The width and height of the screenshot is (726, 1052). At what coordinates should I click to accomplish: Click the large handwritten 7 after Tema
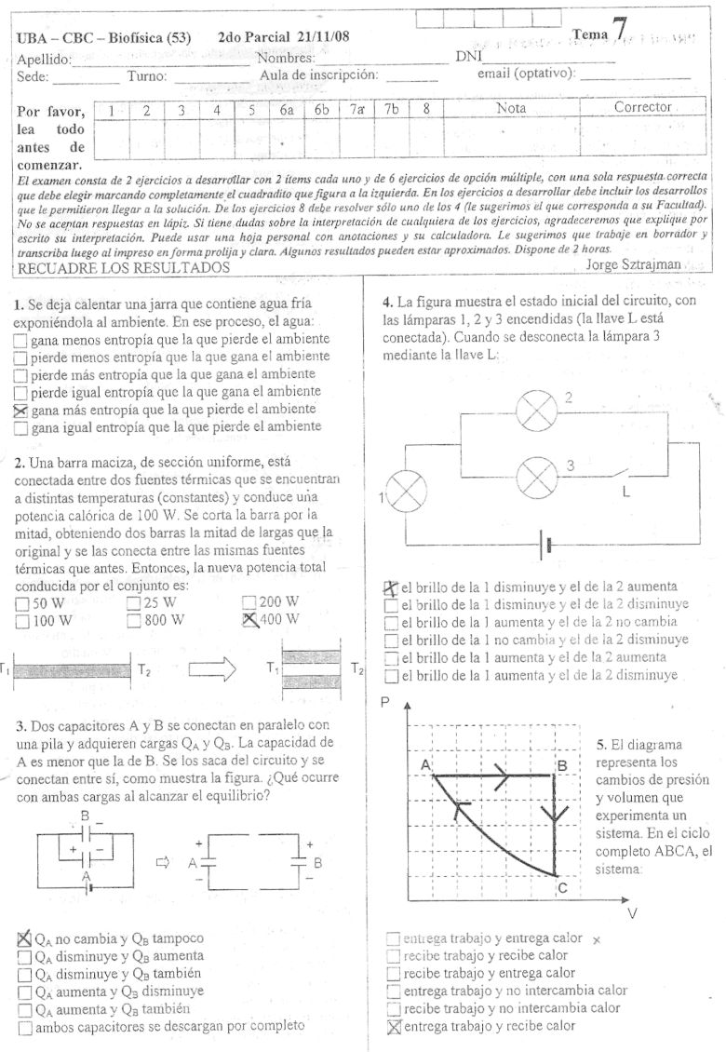click(x=618, y=30)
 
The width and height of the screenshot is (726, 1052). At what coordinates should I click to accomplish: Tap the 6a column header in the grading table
click(x=288, y=109)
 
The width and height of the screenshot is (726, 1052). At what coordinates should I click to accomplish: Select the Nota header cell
click(x=511, y=108)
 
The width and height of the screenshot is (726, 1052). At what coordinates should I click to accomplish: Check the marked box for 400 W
click(x=249, y=619)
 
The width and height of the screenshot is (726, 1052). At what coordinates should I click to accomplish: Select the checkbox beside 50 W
click(x=21, y=602)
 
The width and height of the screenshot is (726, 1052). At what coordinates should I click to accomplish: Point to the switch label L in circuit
click(x=626, y=493)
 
